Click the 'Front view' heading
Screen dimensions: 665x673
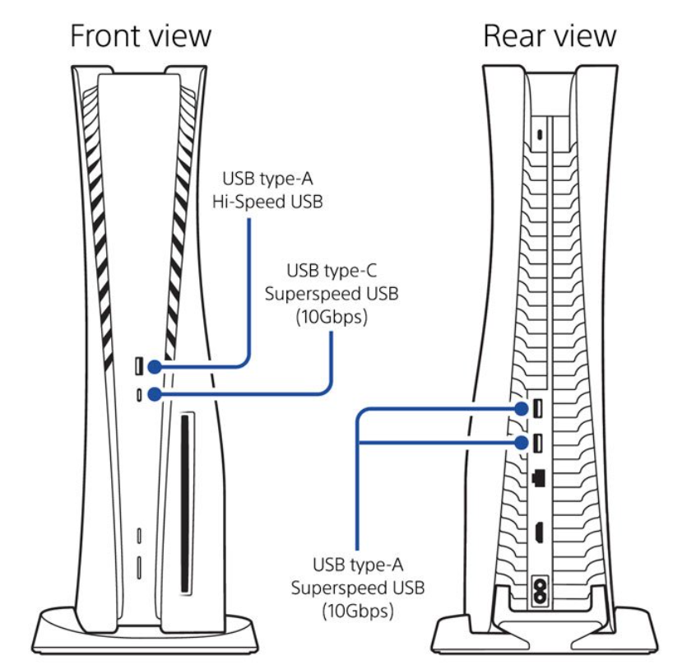tap(141, 36)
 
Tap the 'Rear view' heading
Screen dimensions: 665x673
tap(549, 36)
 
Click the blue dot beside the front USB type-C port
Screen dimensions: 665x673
tap(154, 395)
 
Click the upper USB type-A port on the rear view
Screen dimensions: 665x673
tap(536, 407)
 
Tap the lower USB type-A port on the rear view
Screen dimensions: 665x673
tap(536, 443)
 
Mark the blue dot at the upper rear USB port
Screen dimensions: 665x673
tap(521, 407)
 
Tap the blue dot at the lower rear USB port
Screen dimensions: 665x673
tap(521, 442)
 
